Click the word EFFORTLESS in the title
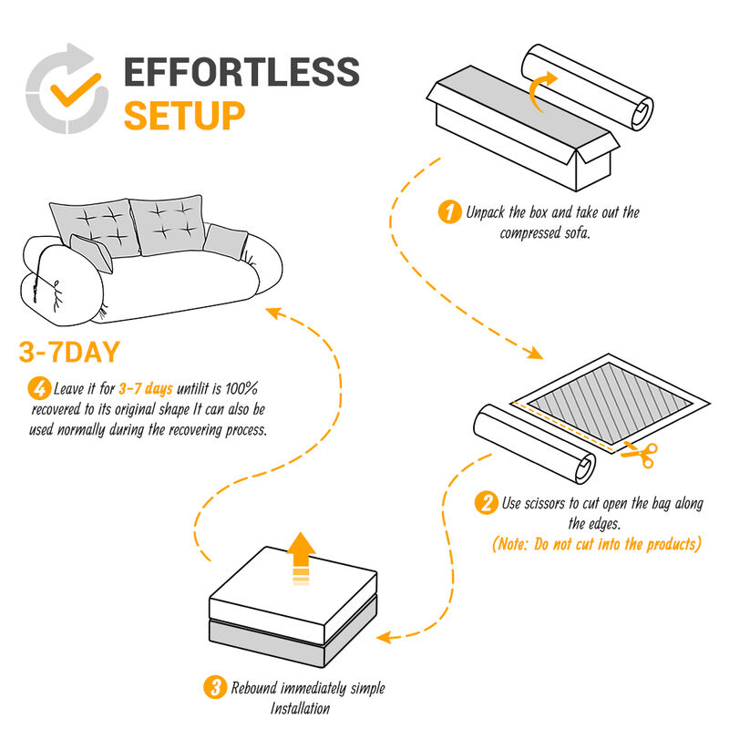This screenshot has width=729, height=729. point(241,73)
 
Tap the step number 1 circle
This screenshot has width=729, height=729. point(449,213)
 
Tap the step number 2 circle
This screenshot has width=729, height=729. point(488,502)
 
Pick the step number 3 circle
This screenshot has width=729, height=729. point(216,688)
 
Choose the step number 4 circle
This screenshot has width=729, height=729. point(38,389)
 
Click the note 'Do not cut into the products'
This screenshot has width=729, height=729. point(597,544)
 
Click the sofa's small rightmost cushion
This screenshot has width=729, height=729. point(226,240)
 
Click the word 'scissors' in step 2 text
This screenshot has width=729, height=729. point(559,503)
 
